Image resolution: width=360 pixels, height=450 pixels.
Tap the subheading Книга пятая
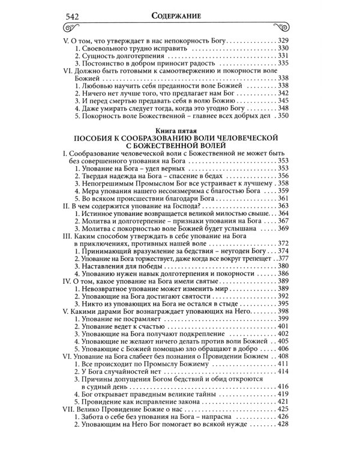tap(179, 129)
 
